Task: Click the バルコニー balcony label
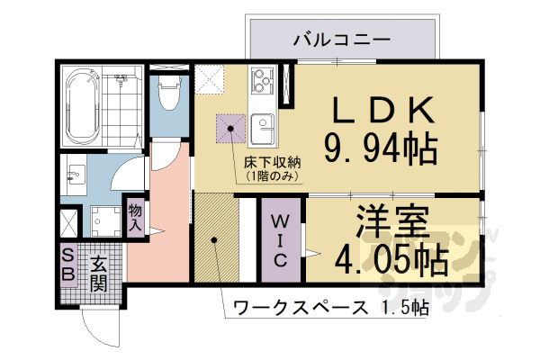point(341,40)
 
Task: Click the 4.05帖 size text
point(392,259)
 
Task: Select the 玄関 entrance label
point(99,274)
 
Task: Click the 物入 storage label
point(135,216)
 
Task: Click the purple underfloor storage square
point(230,130)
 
